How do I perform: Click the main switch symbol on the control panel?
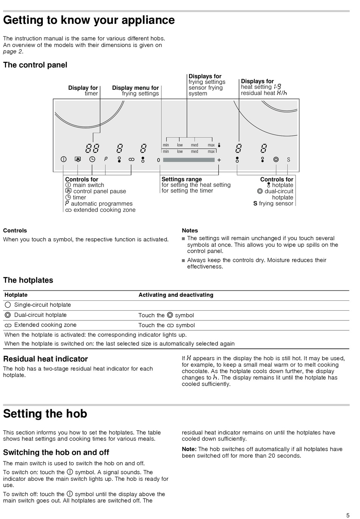(64, 159)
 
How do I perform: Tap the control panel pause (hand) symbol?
(78, 159)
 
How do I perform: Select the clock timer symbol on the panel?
(92, 159)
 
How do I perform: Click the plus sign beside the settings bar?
(219, 160)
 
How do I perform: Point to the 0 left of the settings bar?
(158, 160)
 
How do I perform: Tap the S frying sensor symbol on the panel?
(288, 160)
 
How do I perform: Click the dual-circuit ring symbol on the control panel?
(276, 159)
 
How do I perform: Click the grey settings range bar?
(189, 160)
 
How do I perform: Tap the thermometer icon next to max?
(219, 145)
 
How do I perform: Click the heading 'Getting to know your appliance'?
(89, 20)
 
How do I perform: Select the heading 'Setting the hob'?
(45, 414)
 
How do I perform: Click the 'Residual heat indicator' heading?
(45, 359)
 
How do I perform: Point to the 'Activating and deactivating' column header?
(176, 295)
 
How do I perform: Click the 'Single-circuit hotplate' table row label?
(42, 305)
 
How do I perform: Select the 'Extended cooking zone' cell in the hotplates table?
(45, 325)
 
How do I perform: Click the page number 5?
(348, 515)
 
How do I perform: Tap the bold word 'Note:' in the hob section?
(189, 449)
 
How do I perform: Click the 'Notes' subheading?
(190, 230)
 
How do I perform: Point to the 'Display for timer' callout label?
(83, 91)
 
